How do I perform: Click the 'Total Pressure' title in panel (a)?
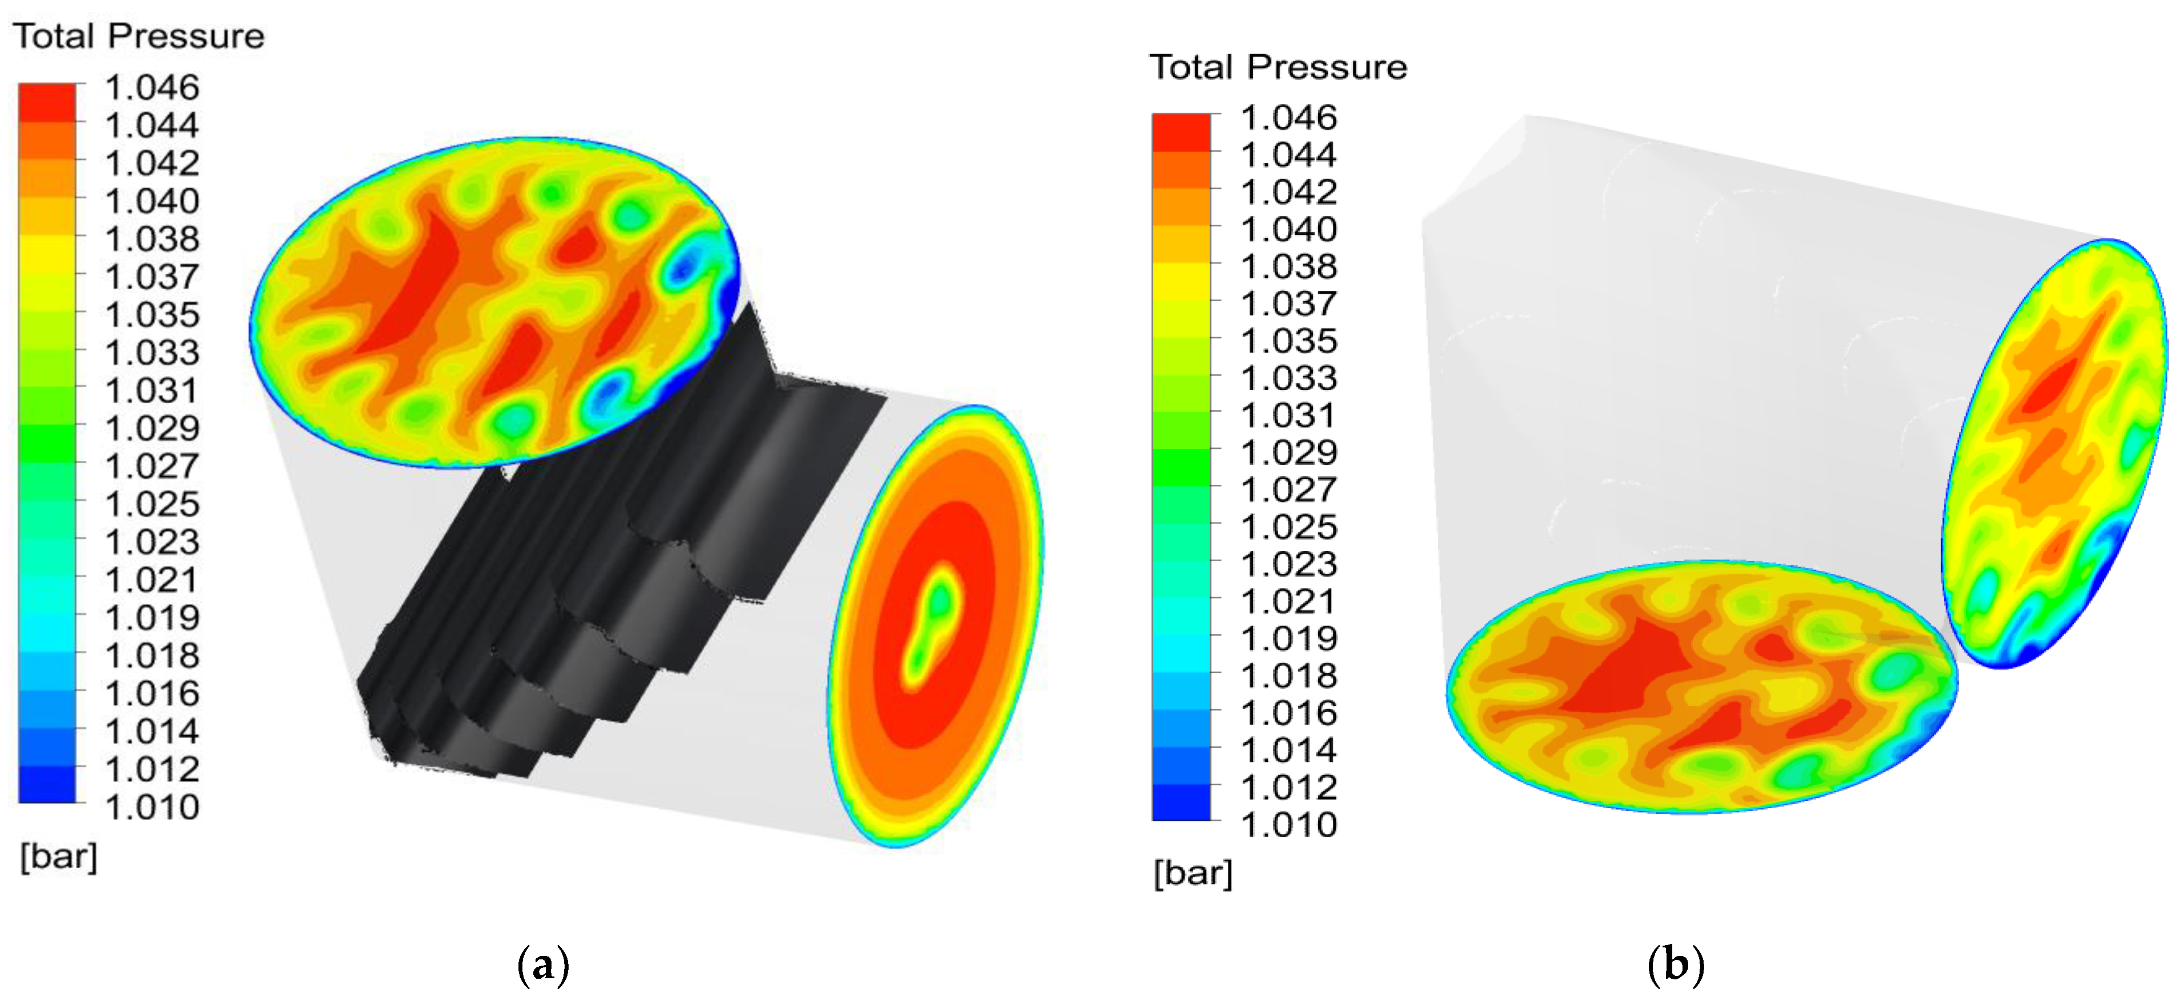pyautogui.click(x=139, y=37)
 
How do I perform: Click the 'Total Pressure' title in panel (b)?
pyautogui.click(x=1278, y=67)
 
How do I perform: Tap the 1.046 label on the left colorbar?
pyautogui.click(x=152, y=87)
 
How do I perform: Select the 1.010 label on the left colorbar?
pyautogui.click(x=152, y=806)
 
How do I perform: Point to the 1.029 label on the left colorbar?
pyautogui.click(x=152, y=428)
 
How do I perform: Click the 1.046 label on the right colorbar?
pyautogui.click(x=1288, y=117)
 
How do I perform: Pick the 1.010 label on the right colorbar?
pyautogui.click(x=1288, y=824)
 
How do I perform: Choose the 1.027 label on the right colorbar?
pyautogui.click(x=1288, y=489)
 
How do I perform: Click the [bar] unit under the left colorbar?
pyautogui.click(x=58, y=857)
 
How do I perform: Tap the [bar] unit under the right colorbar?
pyautogui.click(x=1193, y=873)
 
